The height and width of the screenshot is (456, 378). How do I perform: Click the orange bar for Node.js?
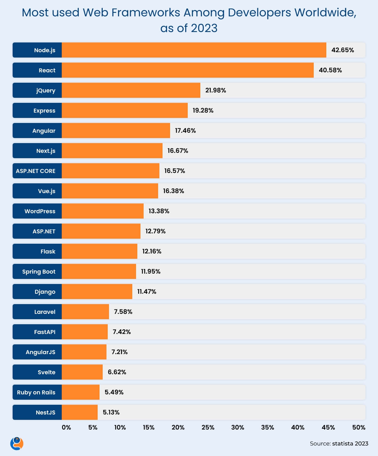coord(194,50)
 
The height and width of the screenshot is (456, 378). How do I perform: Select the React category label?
coord(47,70)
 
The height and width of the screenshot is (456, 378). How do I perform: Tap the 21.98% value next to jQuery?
coord(215,90)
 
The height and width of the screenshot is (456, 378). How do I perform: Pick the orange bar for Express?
coord(124,110)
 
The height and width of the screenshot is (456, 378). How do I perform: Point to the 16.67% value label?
coord(178,151)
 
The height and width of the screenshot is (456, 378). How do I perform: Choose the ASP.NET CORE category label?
coord(36,171)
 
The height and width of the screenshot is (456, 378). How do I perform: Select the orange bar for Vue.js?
coord(110,191)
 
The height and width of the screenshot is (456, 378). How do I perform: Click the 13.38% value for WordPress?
coord(159,211)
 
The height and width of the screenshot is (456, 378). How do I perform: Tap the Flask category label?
coord(48,251)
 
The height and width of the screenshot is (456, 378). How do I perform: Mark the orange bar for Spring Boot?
coord(99,271)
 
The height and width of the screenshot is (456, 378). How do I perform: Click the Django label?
coord(45,292)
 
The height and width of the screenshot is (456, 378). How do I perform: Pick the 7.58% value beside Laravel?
coord(123,312)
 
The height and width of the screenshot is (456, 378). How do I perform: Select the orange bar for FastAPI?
coord(84,332)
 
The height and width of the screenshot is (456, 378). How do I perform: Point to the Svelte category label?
coord(46,372)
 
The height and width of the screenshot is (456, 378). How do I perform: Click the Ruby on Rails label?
coord(36,392)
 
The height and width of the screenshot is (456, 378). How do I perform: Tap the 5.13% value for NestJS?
coord(111,412)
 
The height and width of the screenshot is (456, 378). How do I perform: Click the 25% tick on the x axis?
coord(208,427)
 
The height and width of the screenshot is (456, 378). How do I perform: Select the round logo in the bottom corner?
coord(17,443)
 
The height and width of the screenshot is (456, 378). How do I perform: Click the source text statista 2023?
coord(350,443)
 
